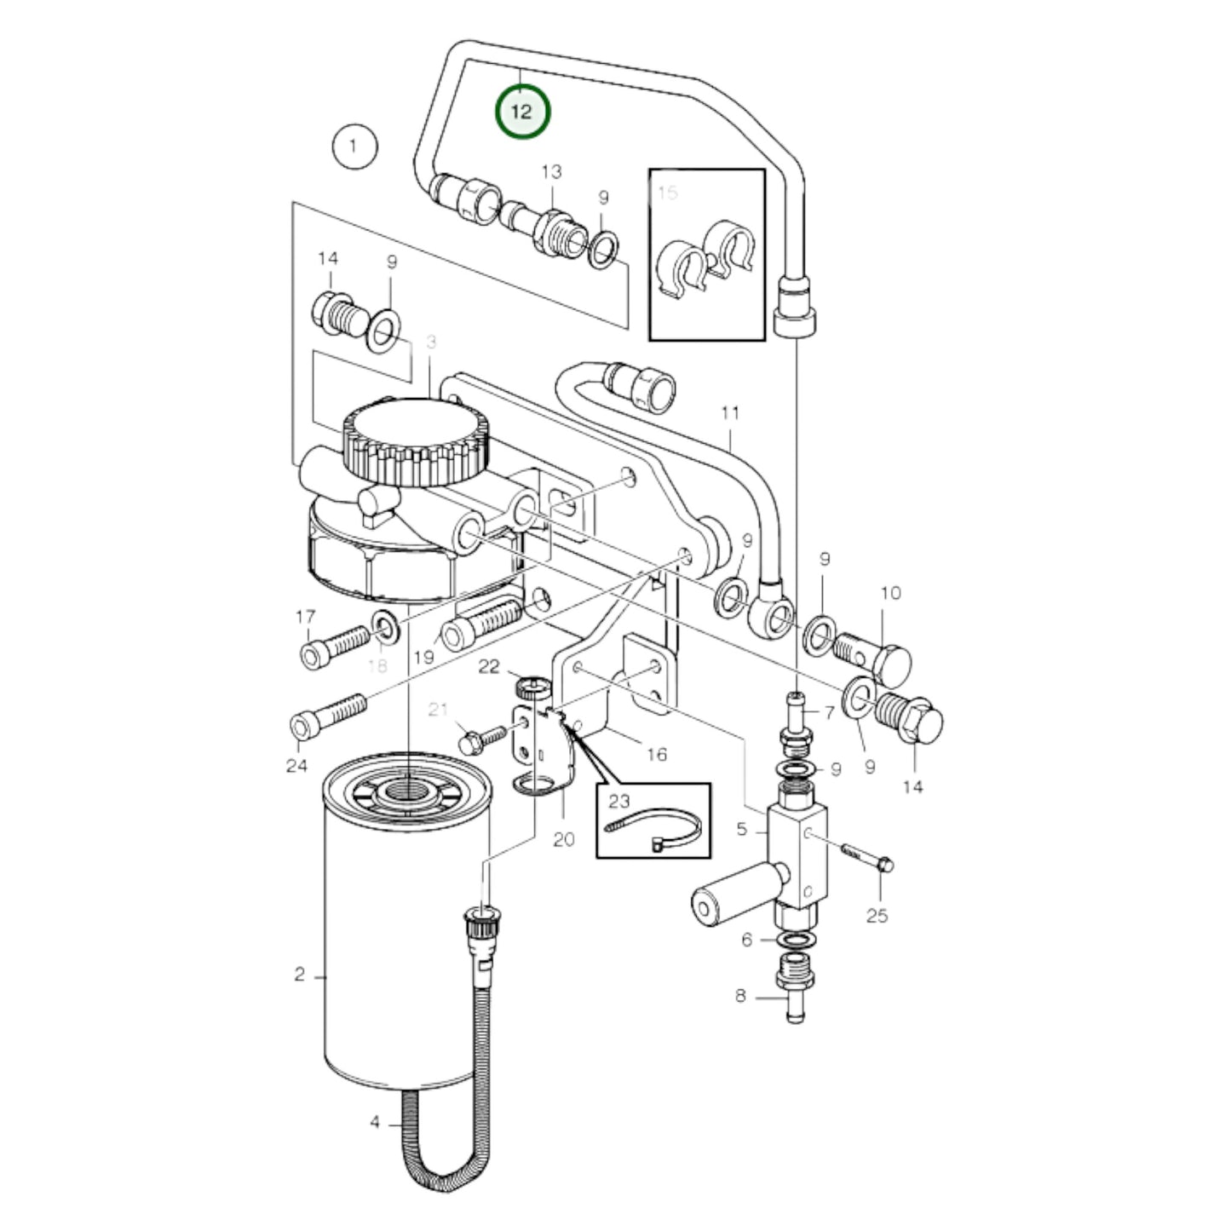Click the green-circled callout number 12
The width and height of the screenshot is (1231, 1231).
point(522,112)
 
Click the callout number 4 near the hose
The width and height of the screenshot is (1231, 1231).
point(375,1122)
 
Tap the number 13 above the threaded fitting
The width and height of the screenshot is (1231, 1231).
point(551,171)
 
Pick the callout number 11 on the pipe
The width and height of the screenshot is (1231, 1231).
point(730,414)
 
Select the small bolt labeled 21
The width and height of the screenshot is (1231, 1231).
point(480,737)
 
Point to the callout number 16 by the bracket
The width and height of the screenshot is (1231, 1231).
point(656,754)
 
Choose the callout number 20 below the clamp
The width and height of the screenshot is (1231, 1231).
point(564,840)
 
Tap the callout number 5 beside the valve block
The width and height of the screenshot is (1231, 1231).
point(741,828)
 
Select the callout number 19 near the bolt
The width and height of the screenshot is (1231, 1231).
point(423,657)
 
